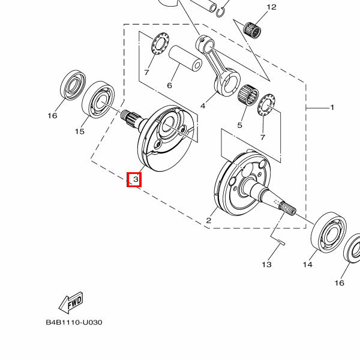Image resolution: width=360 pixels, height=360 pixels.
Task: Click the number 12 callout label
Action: tap(271, 7)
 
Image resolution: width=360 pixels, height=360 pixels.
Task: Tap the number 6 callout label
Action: tap(169, 85)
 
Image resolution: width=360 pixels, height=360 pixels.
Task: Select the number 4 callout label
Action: tap(203, 106)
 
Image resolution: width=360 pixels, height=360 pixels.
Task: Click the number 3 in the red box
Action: tap(134, 179)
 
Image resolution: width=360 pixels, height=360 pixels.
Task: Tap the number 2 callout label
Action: tap(209, 221)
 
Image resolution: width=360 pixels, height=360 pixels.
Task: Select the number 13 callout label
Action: tap(266, 264)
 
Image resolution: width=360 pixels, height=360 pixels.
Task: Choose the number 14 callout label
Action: tap(308, 265)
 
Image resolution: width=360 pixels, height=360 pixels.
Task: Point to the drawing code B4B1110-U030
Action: tap(74, 322)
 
